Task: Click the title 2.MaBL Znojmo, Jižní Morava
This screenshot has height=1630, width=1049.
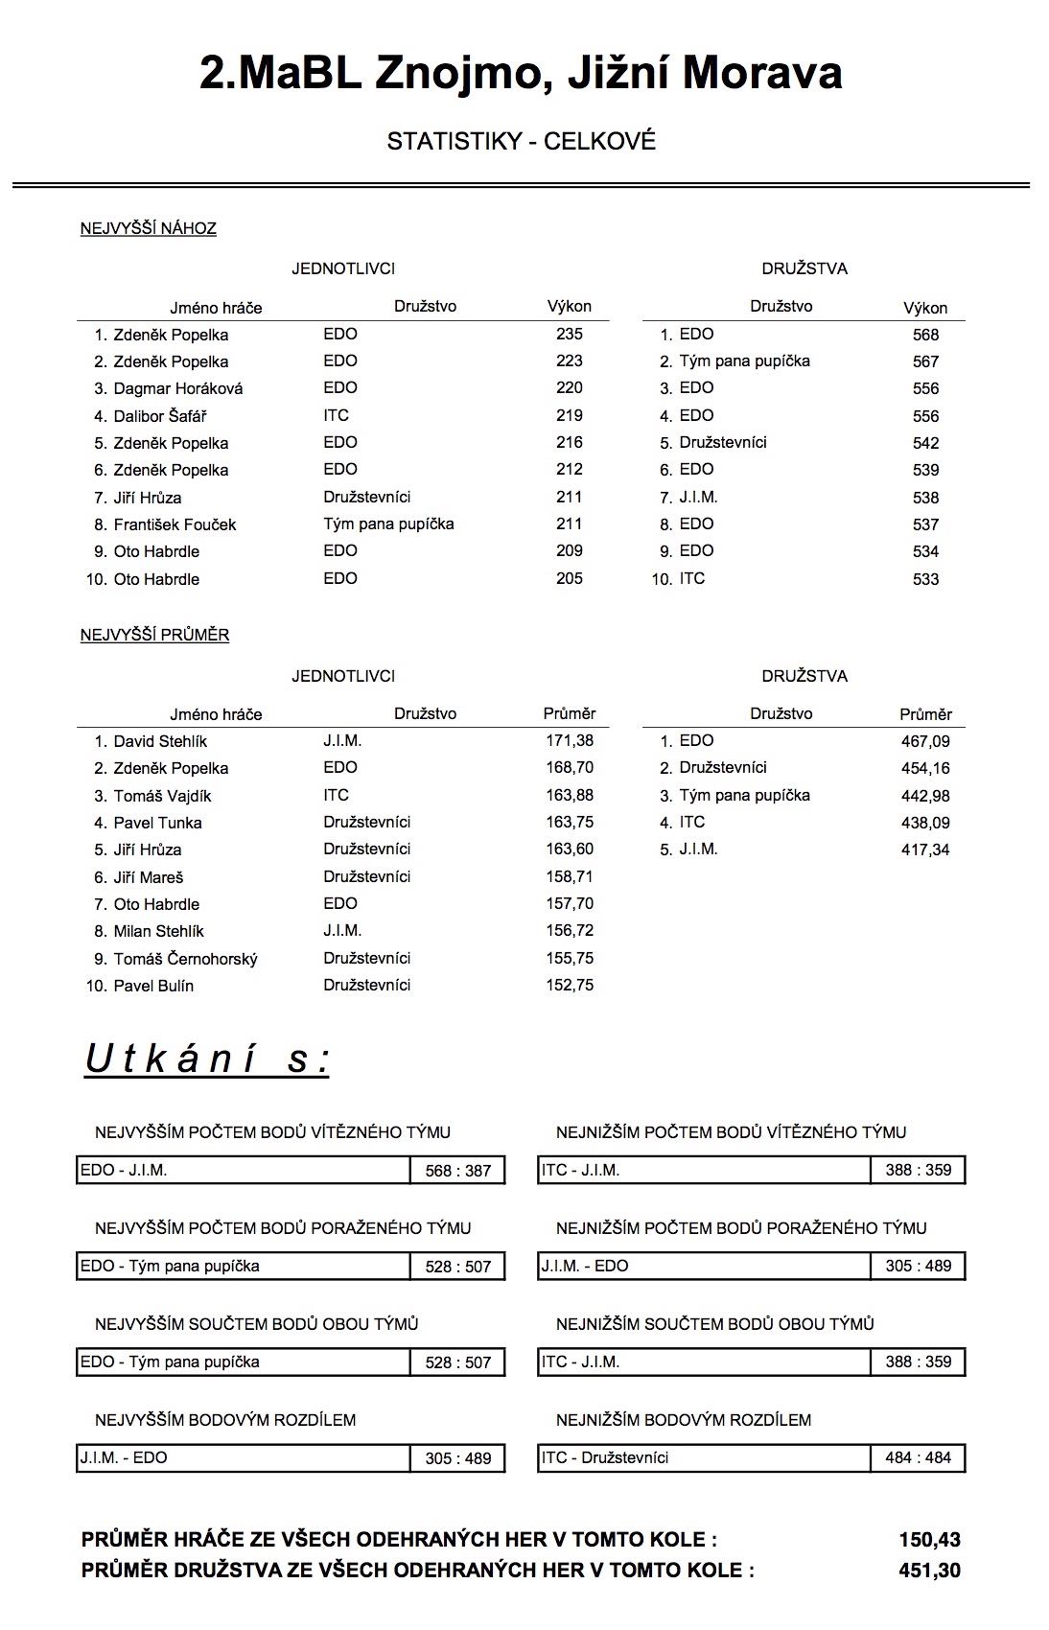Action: (x=521, y=73)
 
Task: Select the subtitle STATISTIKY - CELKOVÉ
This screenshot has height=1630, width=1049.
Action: (x=521, y=141)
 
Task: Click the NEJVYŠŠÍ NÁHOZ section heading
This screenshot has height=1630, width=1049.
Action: (x=149, y=228)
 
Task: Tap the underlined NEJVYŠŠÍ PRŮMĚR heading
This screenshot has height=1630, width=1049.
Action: (x=154, y=635)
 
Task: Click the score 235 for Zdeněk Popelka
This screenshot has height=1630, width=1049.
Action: (x=569, y=334)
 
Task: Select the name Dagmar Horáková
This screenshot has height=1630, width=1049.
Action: (x=178, y=388)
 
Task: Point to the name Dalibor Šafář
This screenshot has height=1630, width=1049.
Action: (x=160, y=416)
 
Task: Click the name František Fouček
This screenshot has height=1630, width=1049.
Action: (x=175, y=524)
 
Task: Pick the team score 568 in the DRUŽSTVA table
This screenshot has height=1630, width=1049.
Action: (x=925, y=335)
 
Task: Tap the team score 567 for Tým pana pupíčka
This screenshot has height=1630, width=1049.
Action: (x=925, y=361)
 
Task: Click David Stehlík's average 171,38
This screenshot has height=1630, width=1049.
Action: (x=570, y=740)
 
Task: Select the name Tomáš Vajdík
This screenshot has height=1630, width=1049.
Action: (x=162, y=796)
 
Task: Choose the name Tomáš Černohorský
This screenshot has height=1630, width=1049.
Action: (x=185, y=959)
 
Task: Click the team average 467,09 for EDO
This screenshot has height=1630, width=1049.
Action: (x=925, y=741)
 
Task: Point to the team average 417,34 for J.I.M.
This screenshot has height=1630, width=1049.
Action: (x=925, y=850)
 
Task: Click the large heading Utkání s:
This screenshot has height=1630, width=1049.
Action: (x=207, y=1059)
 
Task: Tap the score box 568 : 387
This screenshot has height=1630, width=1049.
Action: (x=457, y=1171)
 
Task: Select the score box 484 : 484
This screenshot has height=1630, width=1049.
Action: (x=918, y=1457)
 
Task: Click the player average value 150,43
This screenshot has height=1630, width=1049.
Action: (x=929, y=1540)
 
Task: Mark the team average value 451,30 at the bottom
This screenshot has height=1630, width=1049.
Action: (x=929, y=1571)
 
